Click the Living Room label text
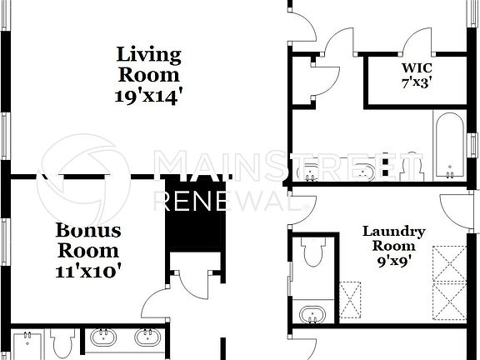point(148,65)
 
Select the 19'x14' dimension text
point(148,95)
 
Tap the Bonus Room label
point(87,240)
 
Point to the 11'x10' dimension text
point(88,270)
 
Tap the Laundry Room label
point(393,238)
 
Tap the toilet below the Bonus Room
point(62,343)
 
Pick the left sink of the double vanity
point(105,337)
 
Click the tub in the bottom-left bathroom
point(26,346)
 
